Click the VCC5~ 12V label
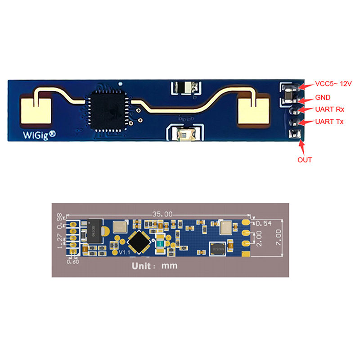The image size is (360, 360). click(333, 84)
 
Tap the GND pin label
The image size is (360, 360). click(323, 97)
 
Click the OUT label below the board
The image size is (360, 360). click(304, 159)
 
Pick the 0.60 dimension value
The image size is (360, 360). click(72, 261)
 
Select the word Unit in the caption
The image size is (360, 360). click(141, 265)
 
